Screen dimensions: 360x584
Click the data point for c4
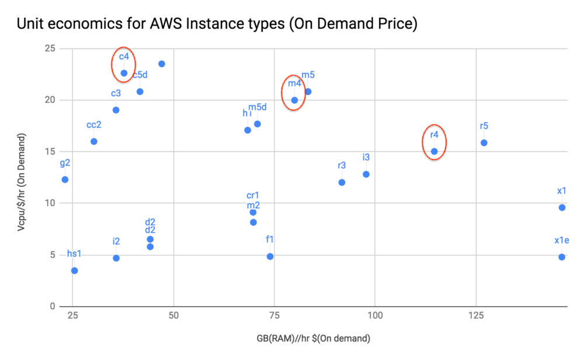click(124, 73)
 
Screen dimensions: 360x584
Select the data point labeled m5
click(308, 92)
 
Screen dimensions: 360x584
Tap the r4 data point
click(434, 151)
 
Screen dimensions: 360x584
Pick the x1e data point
click(562, 257)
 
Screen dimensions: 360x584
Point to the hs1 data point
click(74, 271)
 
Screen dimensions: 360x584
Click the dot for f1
click(270, 257)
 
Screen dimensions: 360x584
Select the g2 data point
click(65, 179)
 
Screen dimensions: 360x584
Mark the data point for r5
click(484, 143)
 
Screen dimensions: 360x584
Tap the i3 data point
click(366, 174)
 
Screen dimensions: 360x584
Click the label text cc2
click(94, 125)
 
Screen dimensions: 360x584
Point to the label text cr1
click(253, 195)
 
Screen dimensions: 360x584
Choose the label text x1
click(562, 191)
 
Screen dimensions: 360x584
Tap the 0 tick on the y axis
click(52, 306)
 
